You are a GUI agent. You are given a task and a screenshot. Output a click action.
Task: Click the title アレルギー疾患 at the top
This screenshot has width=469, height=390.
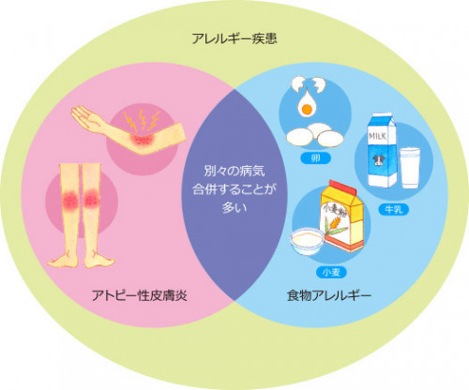234,40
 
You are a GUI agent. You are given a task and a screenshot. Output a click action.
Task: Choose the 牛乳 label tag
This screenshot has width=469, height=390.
387,209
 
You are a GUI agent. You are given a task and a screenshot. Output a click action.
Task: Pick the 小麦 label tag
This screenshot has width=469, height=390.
330,272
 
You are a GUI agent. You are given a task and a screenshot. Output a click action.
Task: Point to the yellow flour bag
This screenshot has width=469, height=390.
343,220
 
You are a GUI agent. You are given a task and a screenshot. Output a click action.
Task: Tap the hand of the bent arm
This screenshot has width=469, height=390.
84,117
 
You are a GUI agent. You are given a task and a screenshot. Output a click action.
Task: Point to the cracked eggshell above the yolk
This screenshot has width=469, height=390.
310,89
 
